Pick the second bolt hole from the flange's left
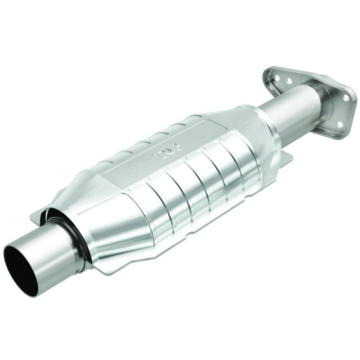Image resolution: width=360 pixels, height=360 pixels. pos(288,81)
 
